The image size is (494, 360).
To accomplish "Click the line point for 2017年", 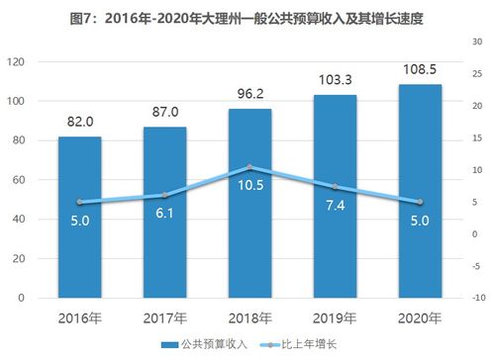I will (x=164, y=195).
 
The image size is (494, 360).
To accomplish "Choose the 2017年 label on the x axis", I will (x=164, y=318).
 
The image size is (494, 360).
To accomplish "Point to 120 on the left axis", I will (x=15, y=61).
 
